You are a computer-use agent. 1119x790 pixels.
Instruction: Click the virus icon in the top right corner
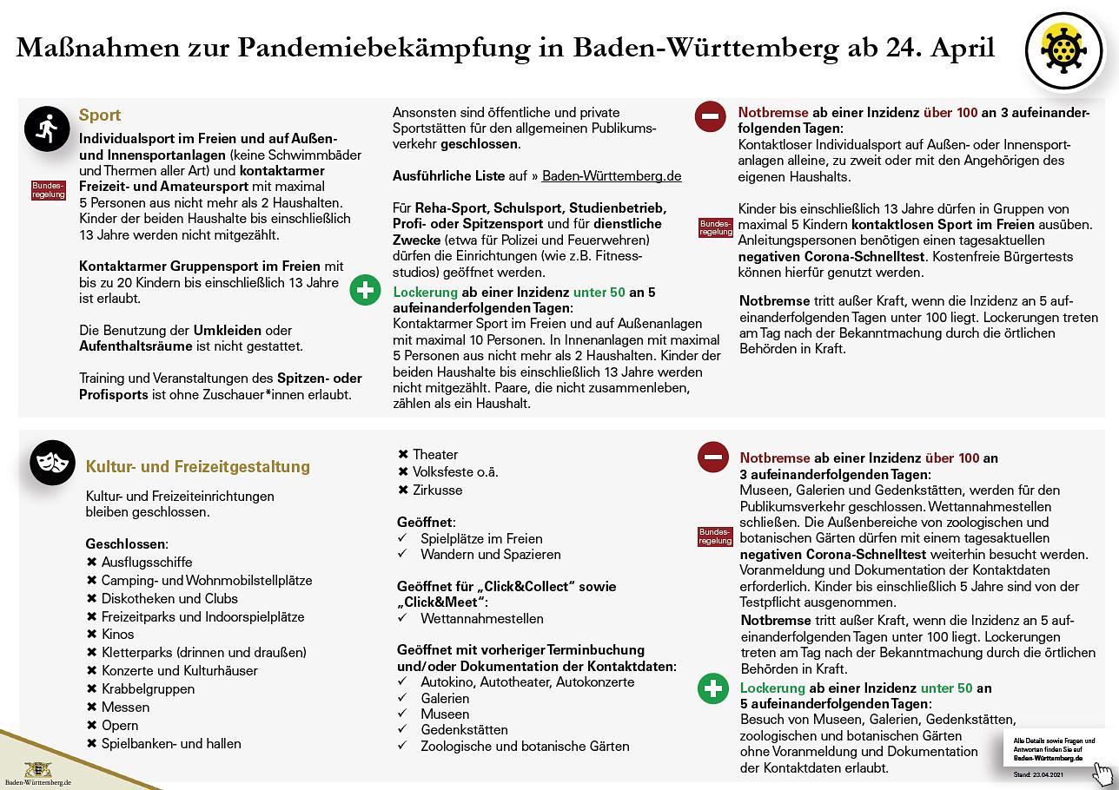[x=1063, y=51]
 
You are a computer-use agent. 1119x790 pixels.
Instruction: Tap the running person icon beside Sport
[x=46, y=129]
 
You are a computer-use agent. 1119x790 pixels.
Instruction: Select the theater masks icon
[x=52, y=462]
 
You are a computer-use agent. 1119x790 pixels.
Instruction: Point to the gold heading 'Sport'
[x=100, y=115]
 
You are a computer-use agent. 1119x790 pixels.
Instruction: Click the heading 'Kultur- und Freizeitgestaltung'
[x=197, y=467]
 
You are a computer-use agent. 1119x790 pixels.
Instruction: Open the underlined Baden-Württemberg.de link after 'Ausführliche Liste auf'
[x=612, y=176]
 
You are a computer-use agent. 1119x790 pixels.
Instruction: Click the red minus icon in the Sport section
[x=710, y=116]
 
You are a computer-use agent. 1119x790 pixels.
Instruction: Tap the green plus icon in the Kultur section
[x=712, y=689]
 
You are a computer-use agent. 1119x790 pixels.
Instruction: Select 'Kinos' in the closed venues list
[x=117, y=635]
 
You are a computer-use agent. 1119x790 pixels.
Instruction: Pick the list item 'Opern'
[x=119, y=726]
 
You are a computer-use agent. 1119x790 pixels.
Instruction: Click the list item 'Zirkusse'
[x=437, y=490]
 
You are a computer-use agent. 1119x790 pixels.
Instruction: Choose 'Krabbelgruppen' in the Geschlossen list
[x=147, y=689]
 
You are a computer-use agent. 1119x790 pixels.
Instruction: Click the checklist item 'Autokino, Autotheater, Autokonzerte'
[x=526, y=682]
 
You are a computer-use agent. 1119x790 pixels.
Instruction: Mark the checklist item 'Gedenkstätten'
[x=464, y=730]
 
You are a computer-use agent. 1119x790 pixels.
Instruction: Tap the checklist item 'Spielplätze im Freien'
[x=481, y=539]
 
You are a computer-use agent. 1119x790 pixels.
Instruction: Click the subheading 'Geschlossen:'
[x=126, y=544]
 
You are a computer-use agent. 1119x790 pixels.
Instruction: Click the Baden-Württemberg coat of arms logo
[x=37, y=769]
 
